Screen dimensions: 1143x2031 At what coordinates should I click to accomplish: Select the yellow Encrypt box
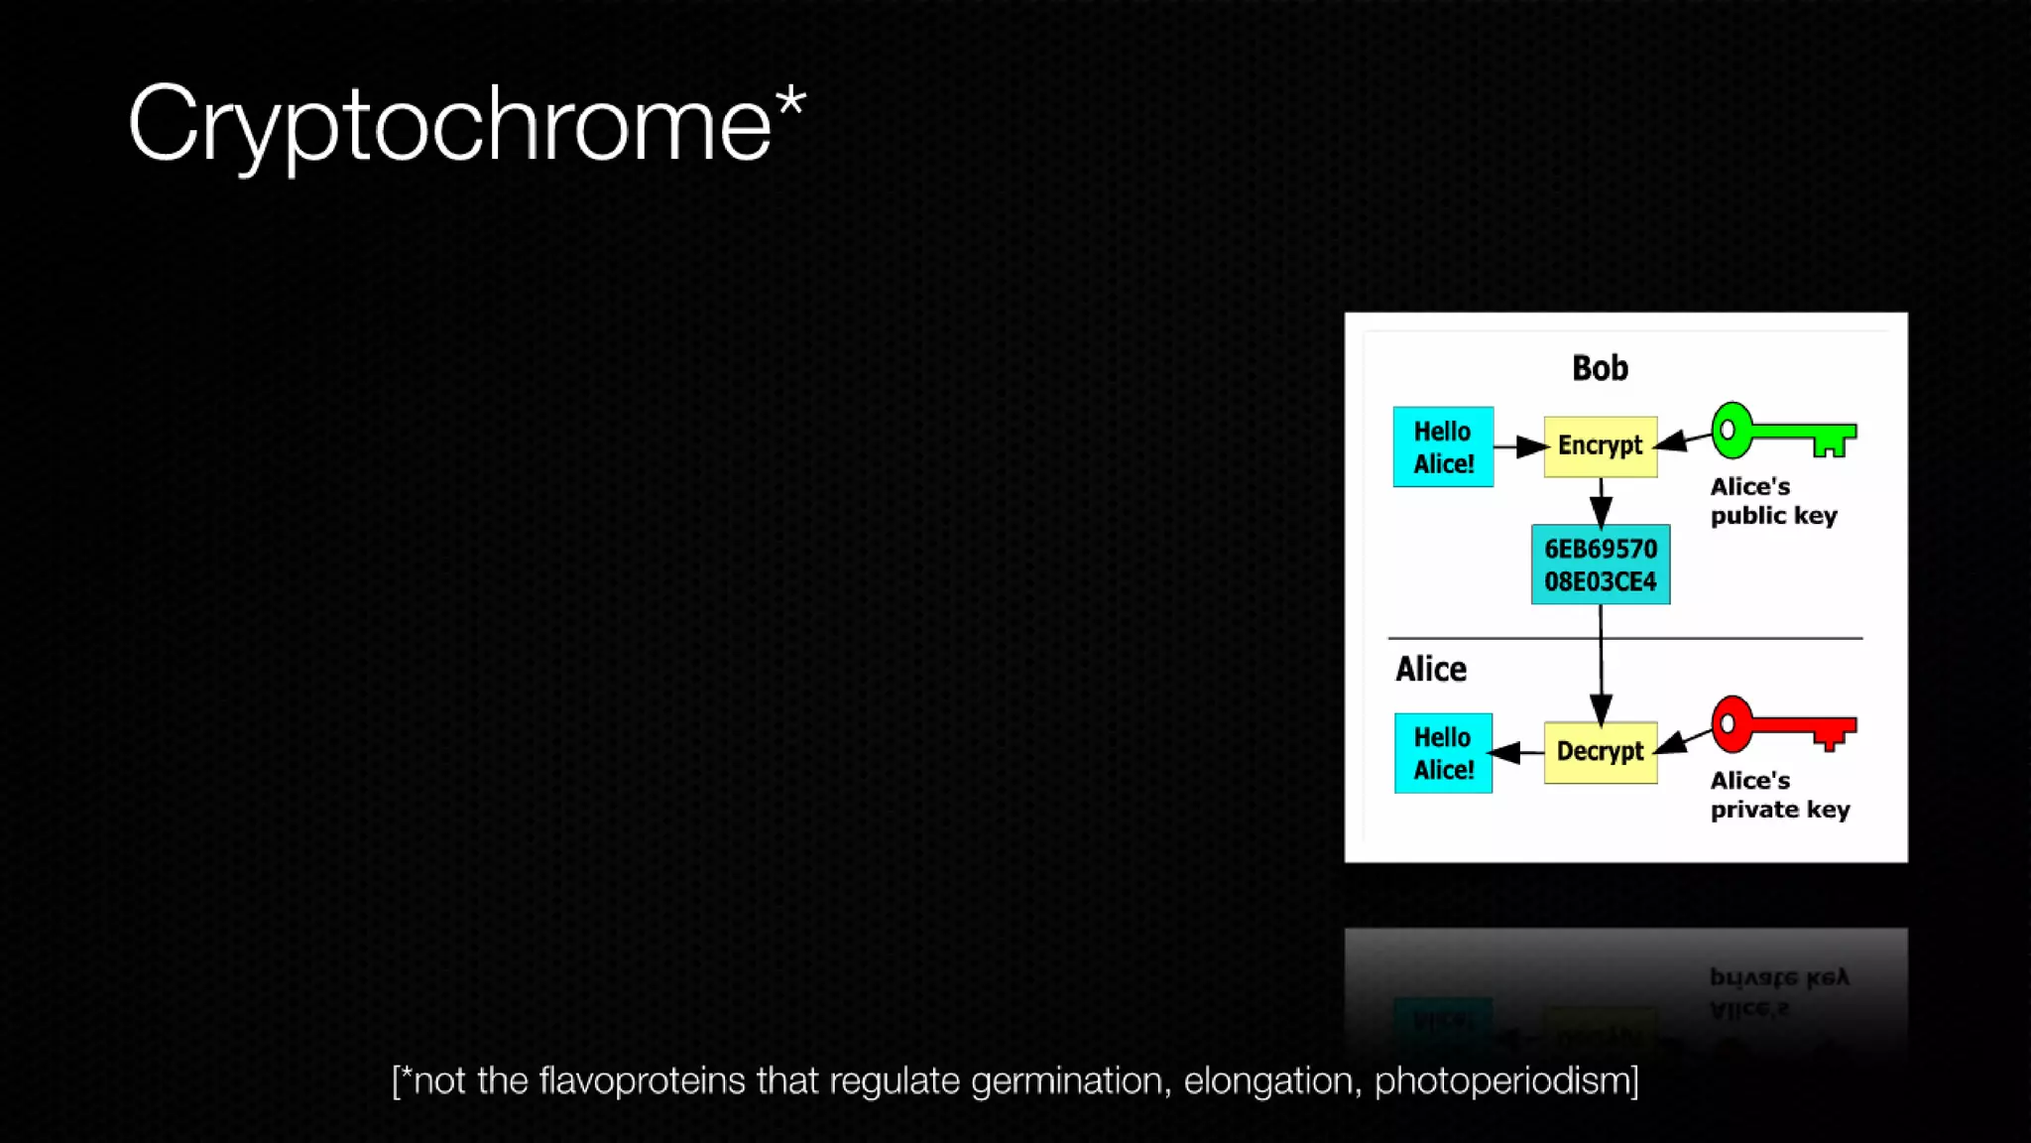point(1600,445)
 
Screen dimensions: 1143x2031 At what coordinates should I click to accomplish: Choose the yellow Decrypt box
point(1600,751)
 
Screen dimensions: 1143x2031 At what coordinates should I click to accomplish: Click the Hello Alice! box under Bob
point(1443,446)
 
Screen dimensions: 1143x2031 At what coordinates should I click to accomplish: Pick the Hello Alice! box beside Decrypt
point(1443,753)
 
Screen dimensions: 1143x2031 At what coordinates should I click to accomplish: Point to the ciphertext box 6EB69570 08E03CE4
point(1600,565)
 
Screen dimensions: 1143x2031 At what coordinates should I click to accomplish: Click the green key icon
point(1782,432)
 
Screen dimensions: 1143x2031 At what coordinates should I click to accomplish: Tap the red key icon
point(1782,724)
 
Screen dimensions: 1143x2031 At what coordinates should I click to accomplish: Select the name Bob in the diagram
point(1600,368)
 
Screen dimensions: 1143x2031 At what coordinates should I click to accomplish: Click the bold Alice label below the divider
point(1430,670)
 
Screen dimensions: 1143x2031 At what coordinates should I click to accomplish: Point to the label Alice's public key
point(1772,501)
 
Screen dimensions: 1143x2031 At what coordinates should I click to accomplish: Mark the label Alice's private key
point(1779,795)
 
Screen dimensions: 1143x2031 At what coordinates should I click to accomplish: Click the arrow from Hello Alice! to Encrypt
point(1518,447)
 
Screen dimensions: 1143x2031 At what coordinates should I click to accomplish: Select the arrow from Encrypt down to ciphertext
point(1600,501)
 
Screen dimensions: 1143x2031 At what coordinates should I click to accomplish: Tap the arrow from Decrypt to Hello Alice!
point(1517,753)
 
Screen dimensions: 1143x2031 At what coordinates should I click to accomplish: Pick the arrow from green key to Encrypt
point(1684,440)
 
